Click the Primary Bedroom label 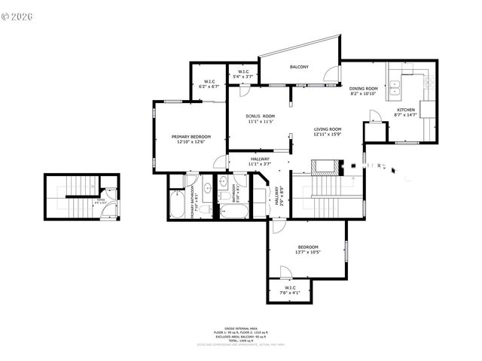tap(190, 137)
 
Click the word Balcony tap(300, 67)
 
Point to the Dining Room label tap(364, 89)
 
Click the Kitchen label tap(406, 110)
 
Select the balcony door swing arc tap(330, 74)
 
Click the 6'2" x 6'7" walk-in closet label tap(209, 84)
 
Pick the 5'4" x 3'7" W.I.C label tap(243, 74)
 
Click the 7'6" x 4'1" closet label tap(290, 290)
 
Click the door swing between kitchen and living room tap(374, 117)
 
